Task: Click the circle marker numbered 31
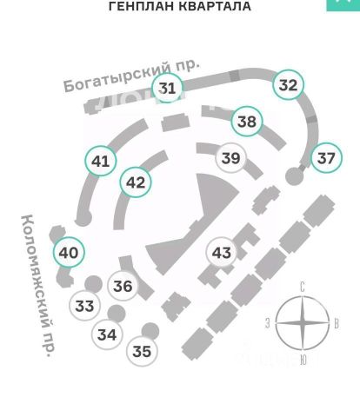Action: coord(168,88)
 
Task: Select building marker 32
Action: coord(289,85)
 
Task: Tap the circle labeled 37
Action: coord(326,158)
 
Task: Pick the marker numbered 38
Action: coord(247,122)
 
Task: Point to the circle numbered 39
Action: coord(231,158)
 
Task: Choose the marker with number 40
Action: coord(69,253)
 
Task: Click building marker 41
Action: coord(101,161)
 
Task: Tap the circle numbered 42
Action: coord(136,182)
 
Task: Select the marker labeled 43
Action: coord(222,253)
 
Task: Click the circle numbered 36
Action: coord(123,286)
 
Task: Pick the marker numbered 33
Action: coord(85,306)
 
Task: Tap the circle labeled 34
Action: coord(107,334)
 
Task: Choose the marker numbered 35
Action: coord(142,351)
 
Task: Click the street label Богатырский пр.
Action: coord(131,76)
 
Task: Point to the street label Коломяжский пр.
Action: coord(39,286)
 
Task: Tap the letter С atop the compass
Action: coord(303,288)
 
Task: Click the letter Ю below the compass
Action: coord(303,361)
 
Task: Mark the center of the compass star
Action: coord(303,322)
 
